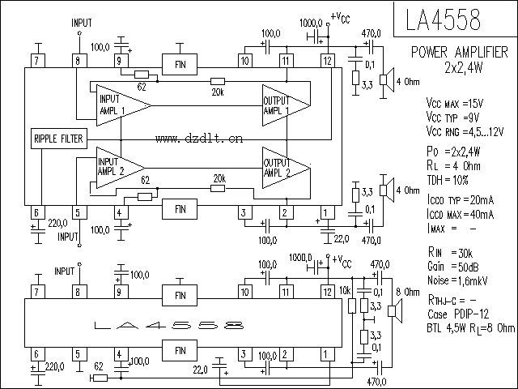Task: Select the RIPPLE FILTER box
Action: (57, 139)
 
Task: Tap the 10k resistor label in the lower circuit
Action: (346, 289)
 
